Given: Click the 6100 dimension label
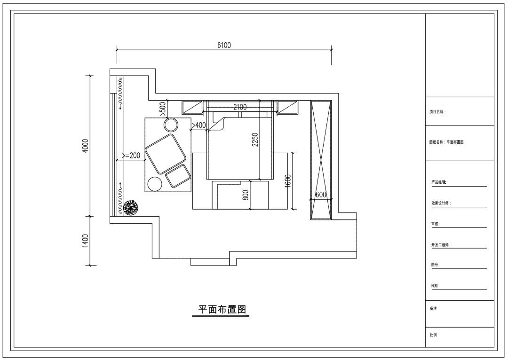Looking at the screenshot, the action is coord(224,45).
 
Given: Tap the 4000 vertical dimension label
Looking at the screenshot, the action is coord(85,146).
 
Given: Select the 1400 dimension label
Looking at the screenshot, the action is coord(85,241).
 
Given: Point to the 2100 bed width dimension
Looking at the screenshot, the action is coord(240,107).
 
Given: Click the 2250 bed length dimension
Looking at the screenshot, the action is coord(255,140).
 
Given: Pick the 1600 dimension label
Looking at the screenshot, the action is coord(288,181).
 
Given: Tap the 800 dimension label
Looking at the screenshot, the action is coord(246,195).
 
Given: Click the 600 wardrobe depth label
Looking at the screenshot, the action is coord(321,195).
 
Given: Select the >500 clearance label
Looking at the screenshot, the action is coord(163,109).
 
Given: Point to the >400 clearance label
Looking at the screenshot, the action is coord(198,125).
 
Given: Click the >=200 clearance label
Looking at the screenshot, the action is coord(131,156).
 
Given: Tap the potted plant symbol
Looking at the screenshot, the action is coord(131,208).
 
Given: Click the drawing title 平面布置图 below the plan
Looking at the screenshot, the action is coord(222,310).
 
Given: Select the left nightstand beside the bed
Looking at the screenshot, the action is coord(192,108).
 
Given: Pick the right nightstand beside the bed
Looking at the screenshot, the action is coord(287,108).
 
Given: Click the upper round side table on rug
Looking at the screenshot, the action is coord(171,125).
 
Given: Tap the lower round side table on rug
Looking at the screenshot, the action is coord(155,184).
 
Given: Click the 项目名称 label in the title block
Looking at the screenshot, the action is coord(437,112).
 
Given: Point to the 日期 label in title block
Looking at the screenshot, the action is coord(434,286).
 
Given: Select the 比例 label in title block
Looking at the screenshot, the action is coord(433,335).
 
